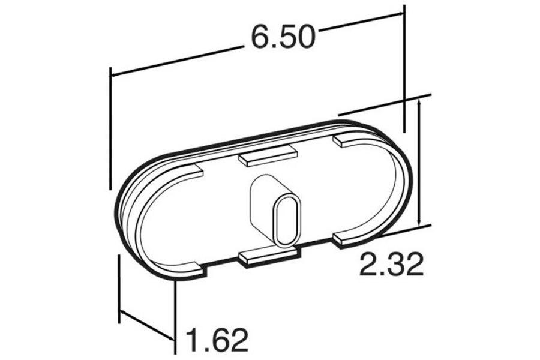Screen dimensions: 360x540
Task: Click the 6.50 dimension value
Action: [x=283, y=38]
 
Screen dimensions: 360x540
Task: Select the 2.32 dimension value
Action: [x=391, y=263]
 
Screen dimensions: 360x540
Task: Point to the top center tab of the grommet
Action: [x=268, y=157]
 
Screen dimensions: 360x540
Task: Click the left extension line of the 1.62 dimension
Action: [x=119, y=288]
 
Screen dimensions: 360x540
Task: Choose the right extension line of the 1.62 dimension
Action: [x=175, y=318]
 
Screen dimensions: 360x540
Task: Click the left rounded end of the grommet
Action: [x=129, y=222]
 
